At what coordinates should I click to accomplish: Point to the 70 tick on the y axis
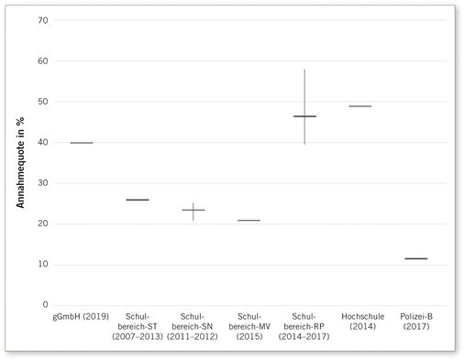coord(43,20)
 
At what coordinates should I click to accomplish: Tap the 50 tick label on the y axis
coord(43,102)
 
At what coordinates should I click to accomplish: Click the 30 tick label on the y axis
coord(43,183)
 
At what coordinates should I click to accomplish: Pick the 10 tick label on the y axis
coord(43,265)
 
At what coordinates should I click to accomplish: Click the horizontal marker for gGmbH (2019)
coord(82,143)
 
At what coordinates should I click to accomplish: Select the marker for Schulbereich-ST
coord(138,200)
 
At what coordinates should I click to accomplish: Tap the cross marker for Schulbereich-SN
coord(193,210)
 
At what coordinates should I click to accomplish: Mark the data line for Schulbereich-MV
coord(249,221)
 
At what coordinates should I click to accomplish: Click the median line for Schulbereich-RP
coord(304,116)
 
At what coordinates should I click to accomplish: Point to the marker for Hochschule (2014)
coord(360,106)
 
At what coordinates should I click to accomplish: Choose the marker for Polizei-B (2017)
coord(415,258)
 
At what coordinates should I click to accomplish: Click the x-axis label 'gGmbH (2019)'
coord(82,316)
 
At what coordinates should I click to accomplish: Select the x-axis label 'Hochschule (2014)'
coord(360,321)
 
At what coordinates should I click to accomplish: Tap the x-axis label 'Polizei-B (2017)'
coord(415,321)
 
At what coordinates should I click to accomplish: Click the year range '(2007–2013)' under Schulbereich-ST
coord(138,336)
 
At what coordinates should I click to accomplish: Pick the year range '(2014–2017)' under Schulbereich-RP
coord(304,336)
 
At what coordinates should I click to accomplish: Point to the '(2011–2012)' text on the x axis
coord(193,336)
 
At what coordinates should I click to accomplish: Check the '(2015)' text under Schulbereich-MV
coord(249,336)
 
